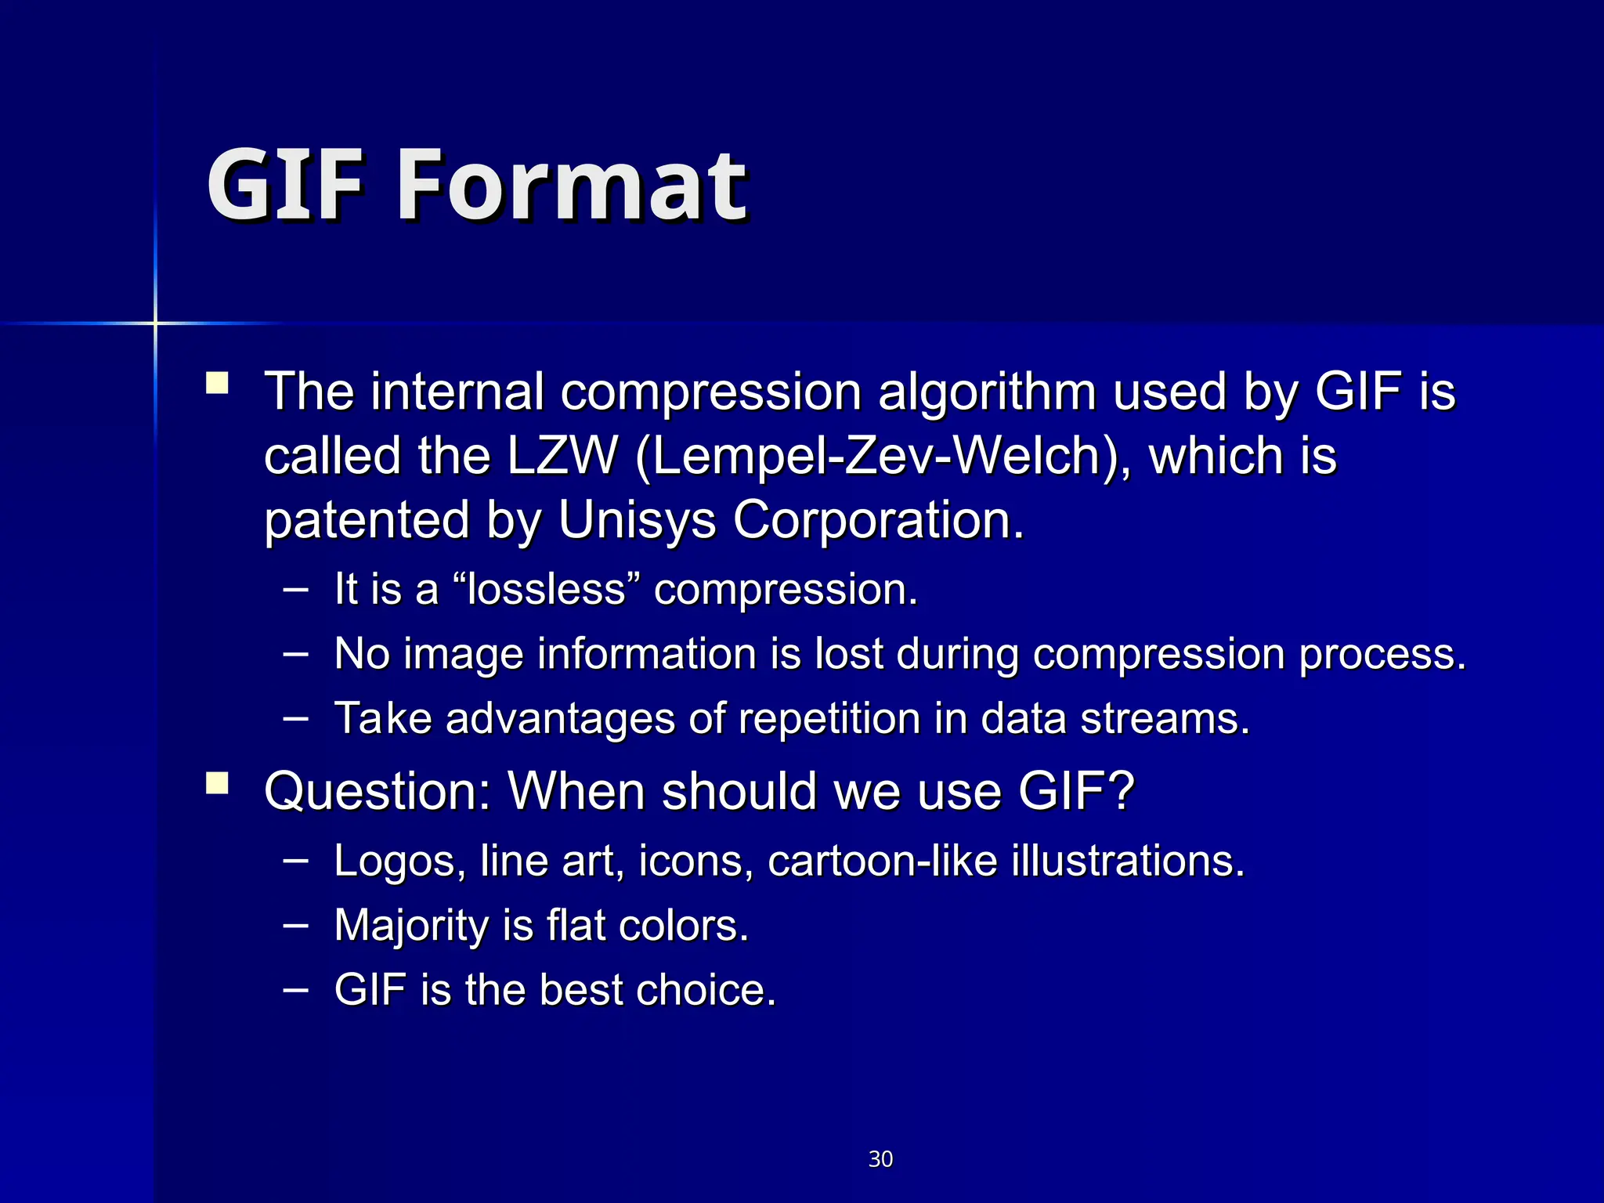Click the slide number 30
[880, 1159]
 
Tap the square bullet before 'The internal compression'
[217, 383]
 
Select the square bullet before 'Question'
[217, 783]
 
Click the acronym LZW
[562, 456]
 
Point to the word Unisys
[637, 520]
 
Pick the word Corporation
[878, 520]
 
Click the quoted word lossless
[547, 589]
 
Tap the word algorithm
[987, 392]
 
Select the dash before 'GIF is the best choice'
[295, 988]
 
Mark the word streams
[1165, 718]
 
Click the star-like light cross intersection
[155, 323]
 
